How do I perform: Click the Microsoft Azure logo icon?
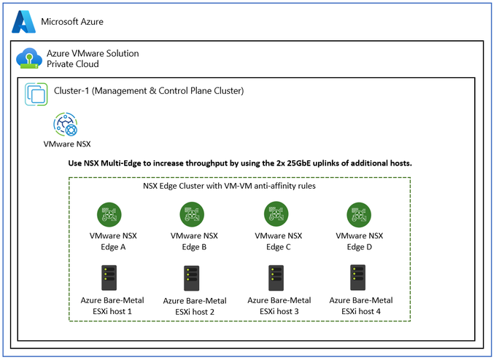(24, 21)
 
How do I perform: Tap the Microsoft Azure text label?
(72, 21)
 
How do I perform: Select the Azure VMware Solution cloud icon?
(29, 58)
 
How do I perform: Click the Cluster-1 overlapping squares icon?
(36, 94)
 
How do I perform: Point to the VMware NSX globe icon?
(66, 124)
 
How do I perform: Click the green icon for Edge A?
(109, 214)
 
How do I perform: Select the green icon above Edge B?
(192, 214)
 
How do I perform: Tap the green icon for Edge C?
(276, 214)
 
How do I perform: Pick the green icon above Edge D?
(359, 215)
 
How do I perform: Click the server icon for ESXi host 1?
(109, 278)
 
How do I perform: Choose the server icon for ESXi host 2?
(192, 278)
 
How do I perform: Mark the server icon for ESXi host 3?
(276, 278)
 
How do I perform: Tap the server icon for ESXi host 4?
(357, 278)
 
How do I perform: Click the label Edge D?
(360, 247)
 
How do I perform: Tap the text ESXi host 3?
(279, 311)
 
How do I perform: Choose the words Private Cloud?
(73, 64)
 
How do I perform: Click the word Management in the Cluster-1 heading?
(120, 91)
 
